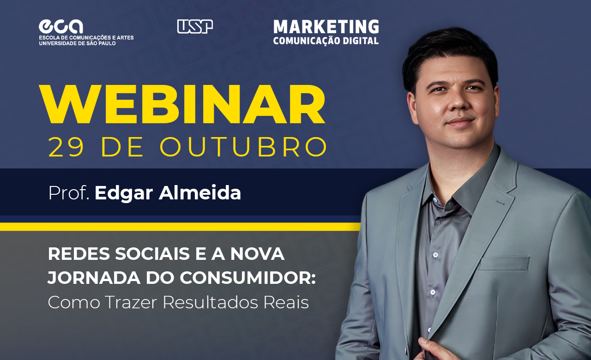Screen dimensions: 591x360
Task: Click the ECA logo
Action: tap(60, 27)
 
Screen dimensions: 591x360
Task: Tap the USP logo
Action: tap(195, 27)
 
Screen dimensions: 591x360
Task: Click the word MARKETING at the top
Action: tap(326, 27)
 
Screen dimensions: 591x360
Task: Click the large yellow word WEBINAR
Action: tap(182, 104)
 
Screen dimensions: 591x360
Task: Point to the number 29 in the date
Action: tap(66, 147)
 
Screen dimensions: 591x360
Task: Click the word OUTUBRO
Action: tap(243, 147)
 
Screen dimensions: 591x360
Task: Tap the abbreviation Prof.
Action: tap(69, 193)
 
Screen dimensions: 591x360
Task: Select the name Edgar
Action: tap(124, 193)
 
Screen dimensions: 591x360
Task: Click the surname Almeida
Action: tap(200, 193)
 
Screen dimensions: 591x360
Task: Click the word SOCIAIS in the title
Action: tap(152, 254)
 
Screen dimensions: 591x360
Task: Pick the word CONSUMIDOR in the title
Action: tap(248, 278)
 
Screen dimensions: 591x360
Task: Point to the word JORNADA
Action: tap(94, 278)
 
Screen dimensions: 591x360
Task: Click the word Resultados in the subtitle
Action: tap(210, 302)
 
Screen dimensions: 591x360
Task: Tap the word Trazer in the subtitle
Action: tap(131, 302)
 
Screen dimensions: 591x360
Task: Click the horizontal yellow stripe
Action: tap(180, 227)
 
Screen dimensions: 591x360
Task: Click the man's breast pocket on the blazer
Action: tap(504, 263)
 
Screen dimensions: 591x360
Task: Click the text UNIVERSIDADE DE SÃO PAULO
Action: tap(77, 43)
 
